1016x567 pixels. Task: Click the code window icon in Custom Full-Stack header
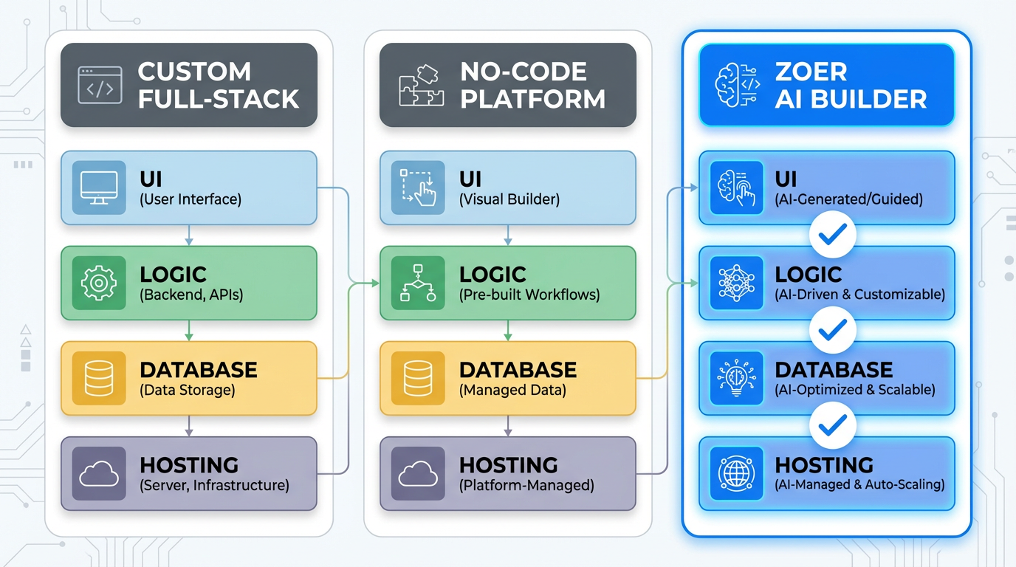tap(100, 85)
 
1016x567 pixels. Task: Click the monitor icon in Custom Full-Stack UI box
tap(98, 188)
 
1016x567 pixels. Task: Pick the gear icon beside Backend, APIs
tap(98, 283)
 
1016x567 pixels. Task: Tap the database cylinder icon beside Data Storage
tap(98, 378)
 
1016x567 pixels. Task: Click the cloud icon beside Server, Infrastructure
tap(98, 473)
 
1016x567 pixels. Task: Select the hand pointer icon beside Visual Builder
tap(418, 188)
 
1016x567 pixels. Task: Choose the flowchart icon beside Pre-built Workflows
tap(418, 283)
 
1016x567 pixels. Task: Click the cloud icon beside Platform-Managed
tap(418, 473)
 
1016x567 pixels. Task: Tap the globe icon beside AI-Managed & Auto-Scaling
tap(736, 473)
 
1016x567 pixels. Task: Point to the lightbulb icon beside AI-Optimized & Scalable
tap(736, 378)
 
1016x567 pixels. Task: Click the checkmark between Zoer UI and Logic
tap(833, 236)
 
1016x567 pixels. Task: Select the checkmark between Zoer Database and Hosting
tap(833, 426)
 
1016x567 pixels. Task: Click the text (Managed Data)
tap(512, 391)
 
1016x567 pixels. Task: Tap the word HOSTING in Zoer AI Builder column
tap(824, 465)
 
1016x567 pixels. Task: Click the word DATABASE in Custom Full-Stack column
tap(198, 370)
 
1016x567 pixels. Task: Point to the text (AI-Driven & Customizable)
tap(859, 295)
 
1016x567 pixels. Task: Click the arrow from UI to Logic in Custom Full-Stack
tap(189, 236)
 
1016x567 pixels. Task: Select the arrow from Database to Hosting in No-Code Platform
tap(508, 426)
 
